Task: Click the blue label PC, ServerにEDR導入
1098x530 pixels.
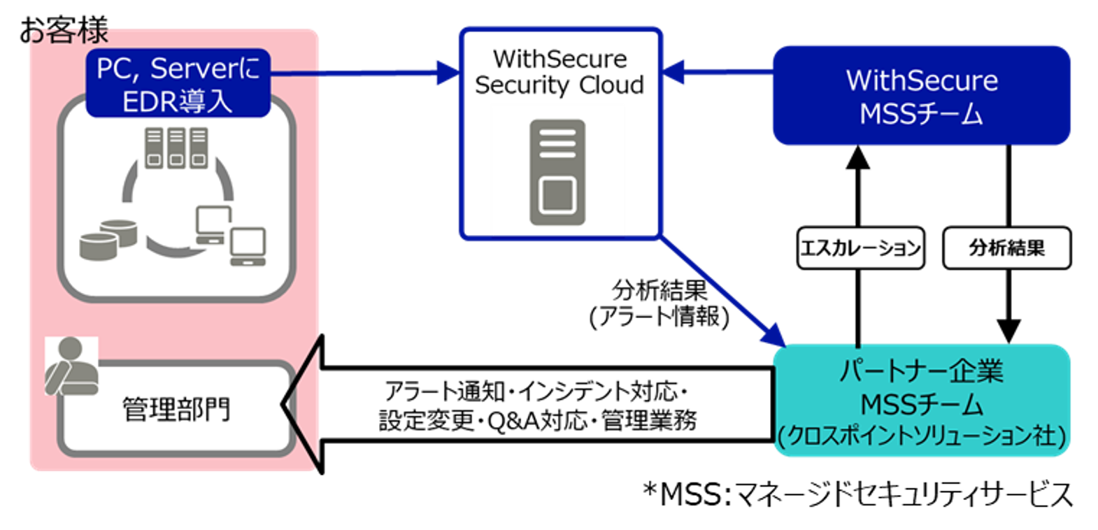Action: pos(178,83)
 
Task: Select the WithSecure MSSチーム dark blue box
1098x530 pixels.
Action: pos(921,96)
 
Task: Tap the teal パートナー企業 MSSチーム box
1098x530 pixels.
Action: pos(921,401)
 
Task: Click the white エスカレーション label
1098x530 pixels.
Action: pos(860,248)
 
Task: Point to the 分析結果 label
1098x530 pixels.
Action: pos(1006,248)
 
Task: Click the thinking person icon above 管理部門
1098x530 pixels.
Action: pos(71,366)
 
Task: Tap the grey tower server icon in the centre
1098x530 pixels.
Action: pos(557,172)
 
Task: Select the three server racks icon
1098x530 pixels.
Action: pos(176,148)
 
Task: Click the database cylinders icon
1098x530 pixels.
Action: pos(108,239)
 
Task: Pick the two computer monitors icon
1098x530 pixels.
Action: pos(231,235)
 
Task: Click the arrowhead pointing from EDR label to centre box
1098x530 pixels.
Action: pos(447,71)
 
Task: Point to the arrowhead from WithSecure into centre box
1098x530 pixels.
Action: pos(674,71)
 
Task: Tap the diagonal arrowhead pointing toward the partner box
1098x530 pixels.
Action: pos(773,334)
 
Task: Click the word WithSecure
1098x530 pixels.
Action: pos(922,80)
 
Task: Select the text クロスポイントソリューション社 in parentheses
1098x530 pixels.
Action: pos(921,436)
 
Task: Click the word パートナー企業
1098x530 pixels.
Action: pos(921,371)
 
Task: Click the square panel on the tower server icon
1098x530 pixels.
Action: pos(557,195)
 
